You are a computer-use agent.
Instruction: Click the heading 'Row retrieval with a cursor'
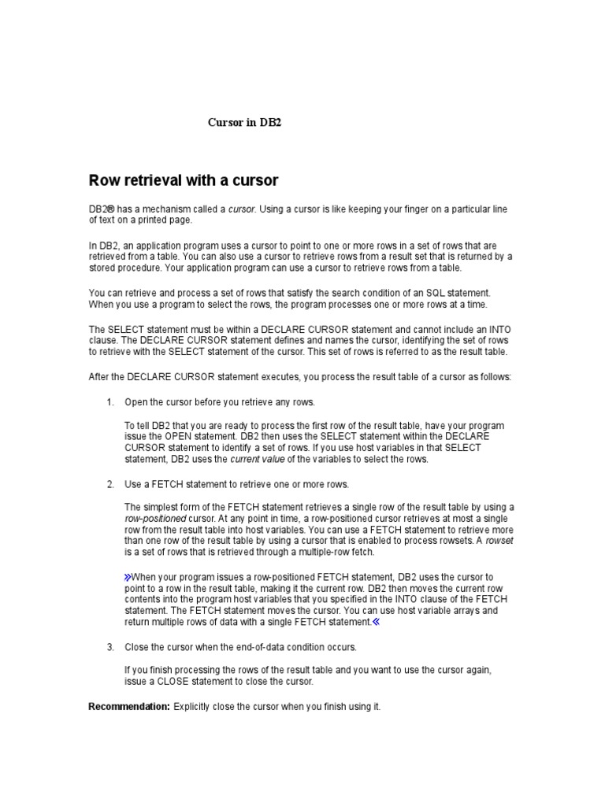184,180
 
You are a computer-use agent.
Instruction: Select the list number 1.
110,402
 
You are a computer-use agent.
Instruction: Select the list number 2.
110,484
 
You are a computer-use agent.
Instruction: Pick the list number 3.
110,647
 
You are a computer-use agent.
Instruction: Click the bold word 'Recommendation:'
128,707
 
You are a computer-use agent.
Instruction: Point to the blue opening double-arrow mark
128,577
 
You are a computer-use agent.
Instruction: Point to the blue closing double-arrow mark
376,622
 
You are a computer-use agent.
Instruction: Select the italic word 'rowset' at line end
499,541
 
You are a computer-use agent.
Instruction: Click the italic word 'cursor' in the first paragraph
242,209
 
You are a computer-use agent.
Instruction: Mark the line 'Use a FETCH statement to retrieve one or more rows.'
236,484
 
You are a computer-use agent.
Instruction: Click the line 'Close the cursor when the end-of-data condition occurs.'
241,647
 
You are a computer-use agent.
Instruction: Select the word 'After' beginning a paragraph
99,377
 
